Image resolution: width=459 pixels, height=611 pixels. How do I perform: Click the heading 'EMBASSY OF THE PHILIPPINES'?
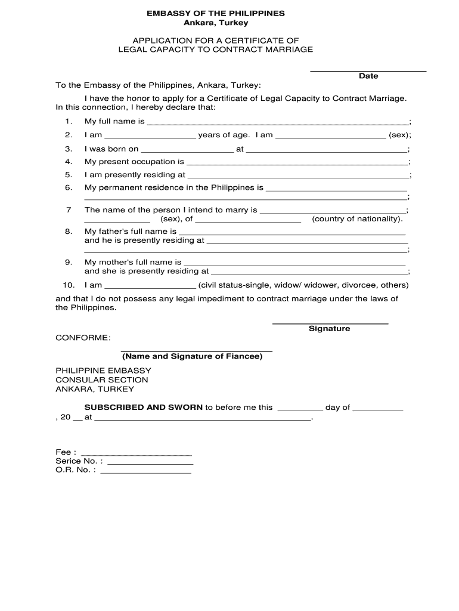[x=216, y=13]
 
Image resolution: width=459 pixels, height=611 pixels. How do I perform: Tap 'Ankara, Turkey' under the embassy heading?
[x=216, y=23]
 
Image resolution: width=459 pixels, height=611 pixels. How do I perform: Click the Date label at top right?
[x=368, y=76]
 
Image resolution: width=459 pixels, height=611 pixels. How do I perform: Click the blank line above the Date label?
[x=368, y=70]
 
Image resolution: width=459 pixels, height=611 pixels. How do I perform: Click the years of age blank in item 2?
[x=150, y=137]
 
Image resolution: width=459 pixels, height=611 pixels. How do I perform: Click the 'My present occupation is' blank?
[x=297, y=163]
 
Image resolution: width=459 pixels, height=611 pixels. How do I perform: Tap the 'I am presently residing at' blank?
[x=297, y=177]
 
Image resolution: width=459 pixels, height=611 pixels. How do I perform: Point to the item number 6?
[x=69, y=187]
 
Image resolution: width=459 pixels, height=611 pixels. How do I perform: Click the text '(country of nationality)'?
[x=358, y=219]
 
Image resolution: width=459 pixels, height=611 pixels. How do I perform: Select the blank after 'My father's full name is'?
[x=292, y=233]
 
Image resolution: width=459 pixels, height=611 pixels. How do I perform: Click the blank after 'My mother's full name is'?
[x=294, y=264]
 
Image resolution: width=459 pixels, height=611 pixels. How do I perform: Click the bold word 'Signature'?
[x=330, y=329]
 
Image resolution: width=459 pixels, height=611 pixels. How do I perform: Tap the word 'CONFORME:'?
[x=83, y=338]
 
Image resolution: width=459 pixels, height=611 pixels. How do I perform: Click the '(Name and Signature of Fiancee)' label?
[x=192, y=356]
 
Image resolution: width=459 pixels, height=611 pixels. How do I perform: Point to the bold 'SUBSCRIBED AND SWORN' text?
[x=144, y=408]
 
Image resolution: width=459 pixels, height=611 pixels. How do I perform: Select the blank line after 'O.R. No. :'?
[x=146, y=472]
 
